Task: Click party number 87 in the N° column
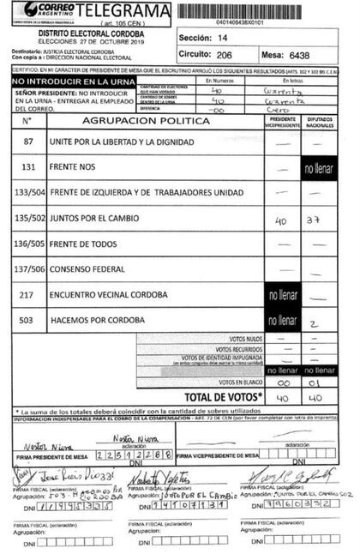[x=29, y=140]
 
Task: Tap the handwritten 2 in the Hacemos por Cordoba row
[x=316, y=323]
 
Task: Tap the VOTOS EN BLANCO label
[x=238, y=382]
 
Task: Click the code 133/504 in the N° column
[x=29, y=192]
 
